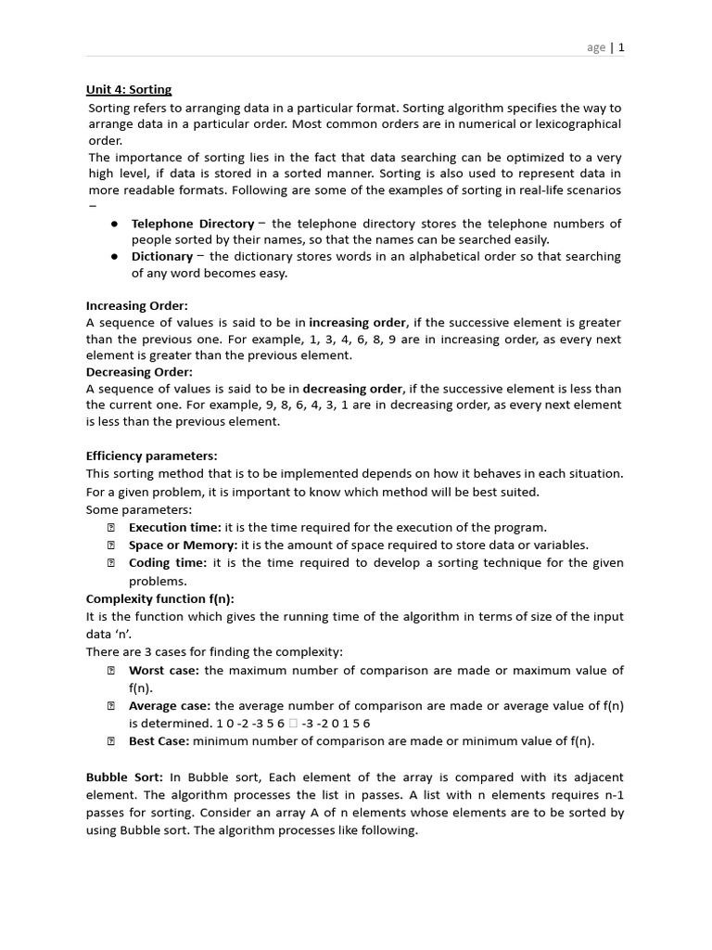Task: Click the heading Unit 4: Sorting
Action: (129, 90)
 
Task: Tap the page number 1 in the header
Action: (621, 47)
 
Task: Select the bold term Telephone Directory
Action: (192, 224)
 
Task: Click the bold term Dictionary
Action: (161, 256)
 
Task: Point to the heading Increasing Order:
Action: (136, 305)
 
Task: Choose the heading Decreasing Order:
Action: (139, 372)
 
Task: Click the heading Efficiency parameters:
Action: (151, 456)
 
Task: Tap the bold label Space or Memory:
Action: (183, 545)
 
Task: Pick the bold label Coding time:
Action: (168, 562)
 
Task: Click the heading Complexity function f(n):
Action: (159, 598)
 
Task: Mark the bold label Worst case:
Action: (164, 670)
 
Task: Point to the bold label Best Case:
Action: (159, 740)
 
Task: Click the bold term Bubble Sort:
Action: (124, 777)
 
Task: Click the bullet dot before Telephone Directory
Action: (113, 225)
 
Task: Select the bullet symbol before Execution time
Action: (110, 527)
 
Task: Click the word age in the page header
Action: (596, 47)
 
